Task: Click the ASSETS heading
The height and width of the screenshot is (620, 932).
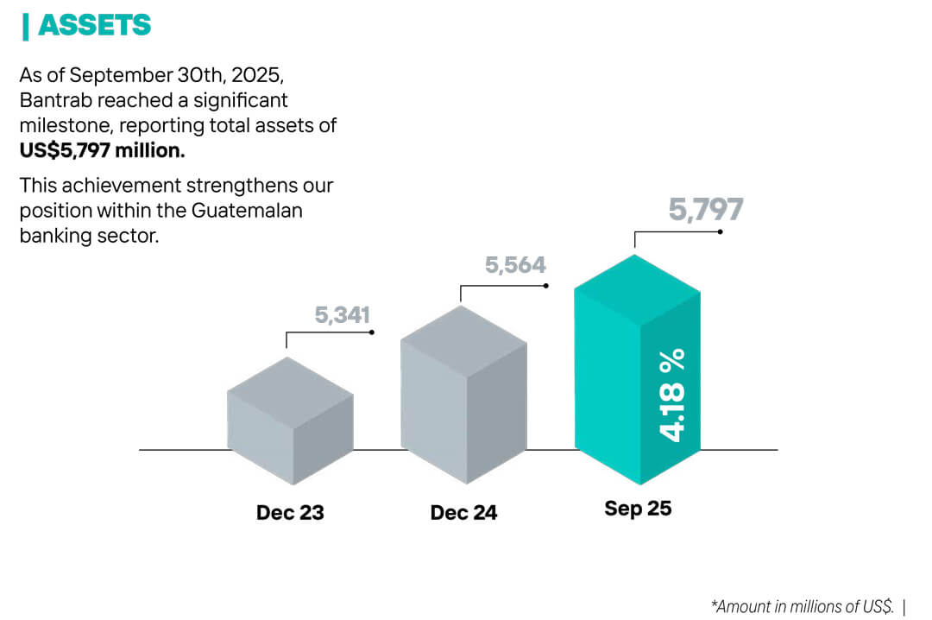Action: coord(94,26)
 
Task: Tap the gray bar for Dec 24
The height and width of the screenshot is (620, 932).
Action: coord(464,397)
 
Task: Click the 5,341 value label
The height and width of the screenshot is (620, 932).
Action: coord(342,316)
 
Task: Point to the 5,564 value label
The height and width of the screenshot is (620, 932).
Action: coord(515,265)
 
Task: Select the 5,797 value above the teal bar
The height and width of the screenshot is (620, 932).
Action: coord(706,210)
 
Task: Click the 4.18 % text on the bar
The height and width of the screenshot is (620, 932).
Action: coord(672,395)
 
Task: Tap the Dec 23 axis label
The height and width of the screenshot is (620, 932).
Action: coord(290,512)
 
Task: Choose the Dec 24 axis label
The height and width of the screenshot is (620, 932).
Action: coord(463,512)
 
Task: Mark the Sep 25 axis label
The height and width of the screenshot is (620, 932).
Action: coord(638,509)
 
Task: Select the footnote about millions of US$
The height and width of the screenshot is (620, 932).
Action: coord(802,605)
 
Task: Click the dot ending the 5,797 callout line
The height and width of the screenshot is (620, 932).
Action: coord(720,231)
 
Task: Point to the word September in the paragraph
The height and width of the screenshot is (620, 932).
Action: coord(109,76)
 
